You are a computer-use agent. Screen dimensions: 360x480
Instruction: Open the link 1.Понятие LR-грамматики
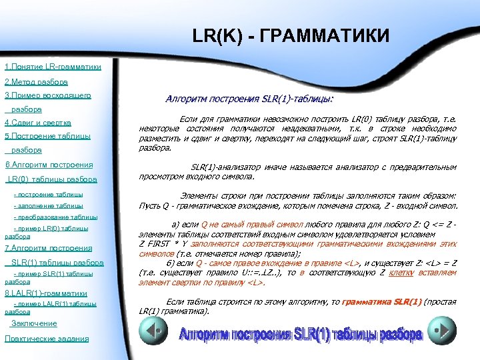tap(53, 67)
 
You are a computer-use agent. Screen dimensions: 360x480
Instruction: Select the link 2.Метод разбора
tap(36, 82)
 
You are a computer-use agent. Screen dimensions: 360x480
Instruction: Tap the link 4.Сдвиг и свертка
tap(37, 123)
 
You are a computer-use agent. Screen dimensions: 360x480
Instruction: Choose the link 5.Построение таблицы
tap(47, 137)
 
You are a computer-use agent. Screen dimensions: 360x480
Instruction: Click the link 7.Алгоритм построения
tap(48, 248)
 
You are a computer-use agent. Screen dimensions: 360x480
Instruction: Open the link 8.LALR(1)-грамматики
tap(46, 293)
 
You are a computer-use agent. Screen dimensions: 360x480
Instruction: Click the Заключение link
tap(34, 324)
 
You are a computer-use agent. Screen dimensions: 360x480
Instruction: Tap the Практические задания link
tap(46, 339)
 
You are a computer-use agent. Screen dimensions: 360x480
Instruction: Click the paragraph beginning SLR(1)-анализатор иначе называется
tap(297, 172)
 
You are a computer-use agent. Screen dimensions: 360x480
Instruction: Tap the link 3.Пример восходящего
tap(47, 96)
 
